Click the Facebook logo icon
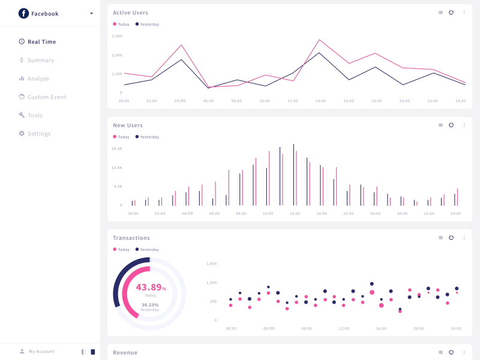[x=23, y=13]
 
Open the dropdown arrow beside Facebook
[x=91, y=13]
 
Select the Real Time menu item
[x=41, y=42]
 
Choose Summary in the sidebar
[x=40, y=60]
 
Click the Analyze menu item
[x=38, y=79]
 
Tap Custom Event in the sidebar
[x=46, y=97]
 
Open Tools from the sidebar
[x=35, y=115]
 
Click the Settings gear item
[x=38, y=134]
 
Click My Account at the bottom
[x=41, y=352]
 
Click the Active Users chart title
[x=130, y=13]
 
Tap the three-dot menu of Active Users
[x=464, y=12]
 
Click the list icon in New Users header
[x=440, y=125]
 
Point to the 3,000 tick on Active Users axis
[x=117, y=36]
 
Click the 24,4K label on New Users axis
[x=117, y=148]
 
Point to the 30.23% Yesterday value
[x=150, y=305]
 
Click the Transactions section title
[x=131, y=238]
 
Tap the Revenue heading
[x=125, y=353]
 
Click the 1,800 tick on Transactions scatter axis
[x=211, y=263]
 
